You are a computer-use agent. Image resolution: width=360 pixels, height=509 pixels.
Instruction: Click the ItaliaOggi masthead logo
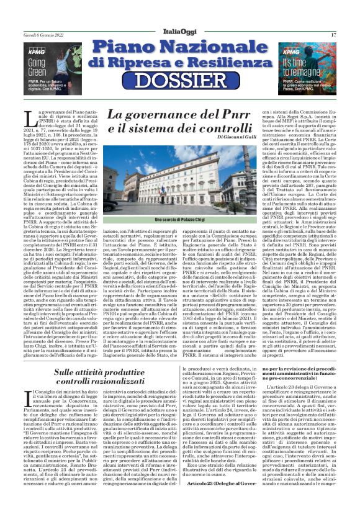click(179, 34)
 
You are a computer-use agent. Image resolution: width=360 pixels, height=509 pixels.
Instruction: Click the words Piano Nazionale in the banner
click(180, 48)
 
